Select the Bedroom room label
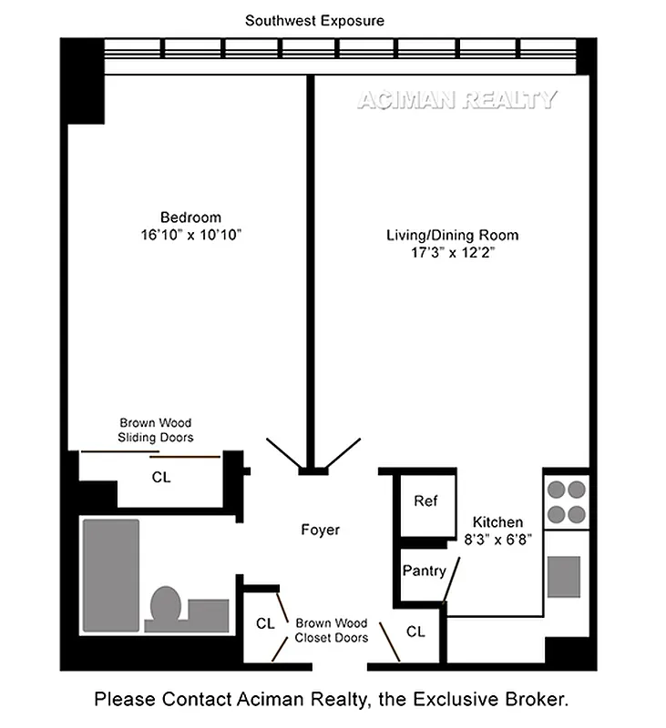pos(190,217)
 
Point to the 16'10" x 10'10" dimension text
pos(190,234)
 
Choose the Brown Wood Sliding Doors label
pos(157,430)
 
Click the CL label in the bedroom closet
pos(160,476)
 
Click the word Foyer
pos(320,530)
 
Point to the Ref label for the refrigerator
pos(425,501)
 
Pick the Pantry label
pos(425,571)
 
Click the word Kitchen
pos(497,522)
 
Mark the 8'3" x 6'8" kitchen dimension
pos(497,539)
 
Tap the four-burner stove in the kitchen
pos(565,500)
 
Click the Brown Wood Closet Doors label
pos(332,631)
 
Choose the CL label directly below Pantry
pos(415,631)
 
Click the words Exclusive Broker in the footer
pos(514,700)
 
